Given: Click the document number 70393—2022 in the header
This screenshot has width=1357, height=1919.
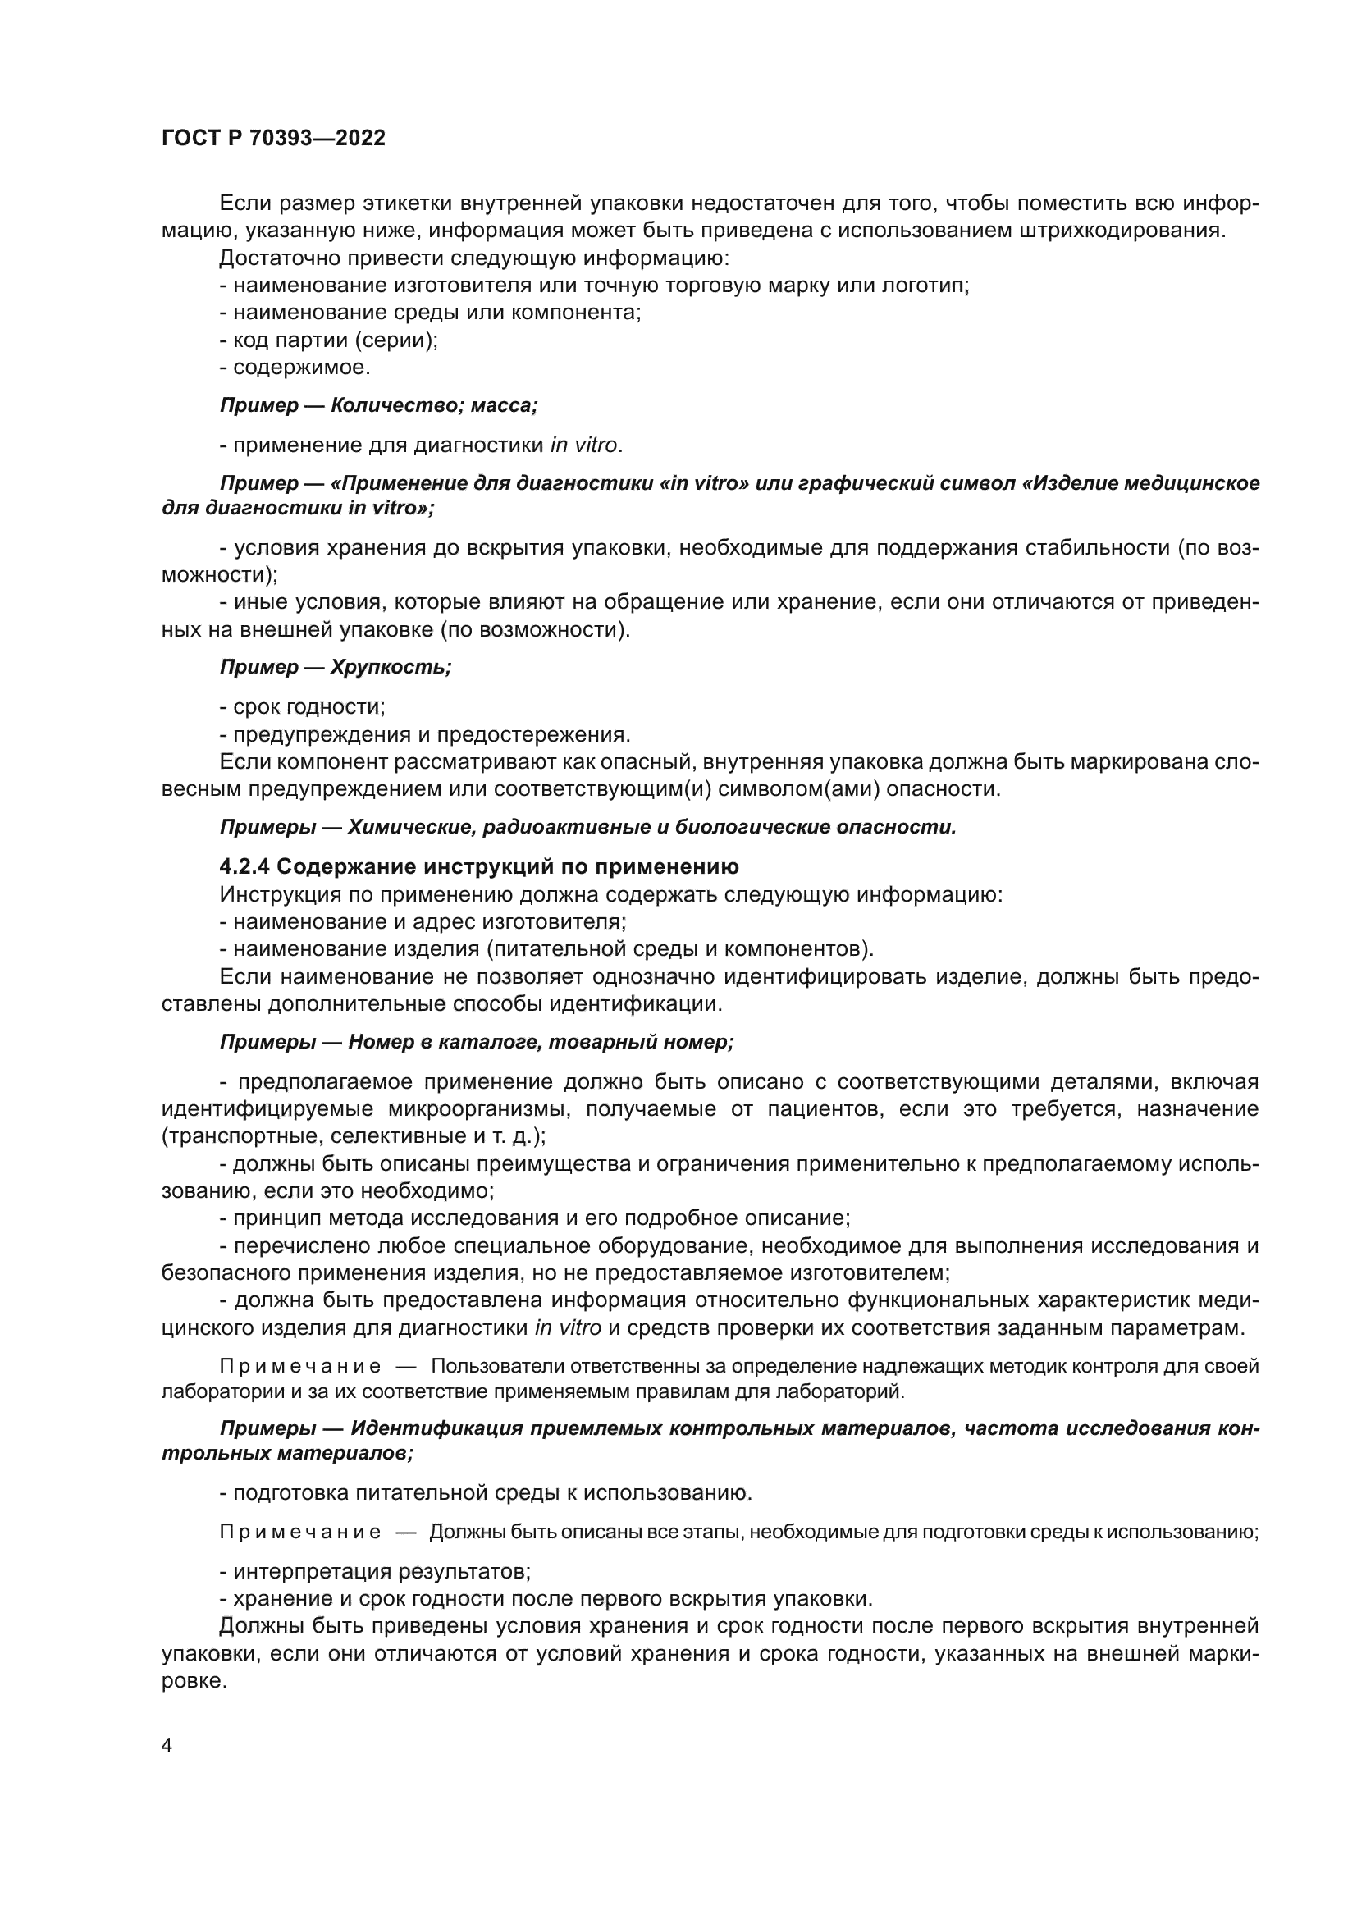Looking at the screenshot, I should [x=318, y=139].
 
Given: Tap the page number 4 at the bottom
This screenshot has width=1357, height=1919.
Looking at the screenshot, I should [x=167, y=1746].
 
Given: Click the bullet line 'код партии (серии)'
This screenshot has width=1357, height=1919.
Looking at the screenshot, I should [x=328, y=340].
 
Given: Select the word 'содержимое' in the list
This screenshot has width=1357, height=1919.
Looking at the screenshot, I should [x=300, y=367].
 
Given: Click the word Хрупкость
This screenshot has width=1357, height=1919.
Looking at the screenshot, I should [x=391, y=668].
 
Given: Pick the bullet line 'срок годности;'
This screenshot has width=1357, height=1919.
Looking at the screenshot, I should [x=303, y=707].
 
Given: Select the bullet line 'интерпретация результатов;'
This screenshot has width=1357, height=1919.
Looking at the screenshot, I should [x=375, y=1572].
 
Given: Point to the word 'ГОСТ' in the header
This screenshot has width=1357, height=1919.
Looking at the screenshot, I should [x=189, y=139].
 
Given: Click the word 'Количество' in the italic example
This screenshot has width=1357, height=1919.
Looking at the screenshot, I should [x=393, y=406].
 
